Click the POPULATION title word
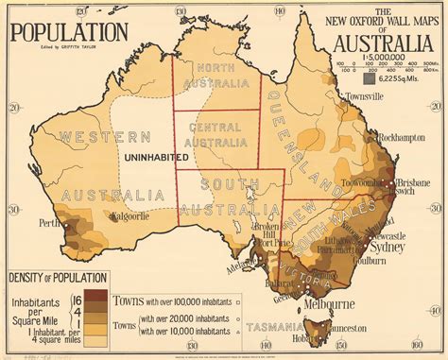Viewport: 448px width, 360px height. (69, 31)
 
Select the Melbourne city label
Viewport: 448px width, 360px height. (332, 304)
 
